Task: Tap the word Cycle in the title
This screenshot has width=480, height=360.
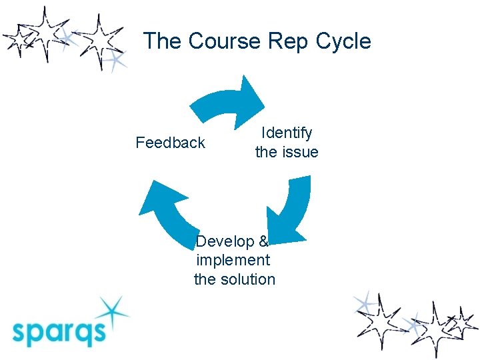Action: pyautogui.click(x=343, y=41)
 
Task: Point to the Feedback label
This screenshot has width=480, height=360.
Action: pyautogui.click(x=170, y=143)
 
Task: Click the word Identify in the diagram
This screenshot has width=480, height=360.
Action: pyautogui.click(x=287, y=133)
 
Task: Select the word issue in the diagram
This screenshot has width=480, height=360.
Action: pyautogui.click(x=299, y=152)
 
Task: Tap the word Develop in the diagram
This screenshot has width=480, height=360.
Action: pyautogui.click(x=225, y=241)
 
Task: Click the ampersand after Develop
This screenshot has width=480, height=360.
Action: pyautogui.click(x=263, y=241)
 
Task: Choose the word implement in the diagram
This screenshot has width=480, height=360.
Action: pyautogui.click(x=233, y=260)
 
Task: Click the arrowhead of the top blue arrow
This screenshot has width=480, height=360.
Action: pyautogui.click(x=252, y=98)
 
